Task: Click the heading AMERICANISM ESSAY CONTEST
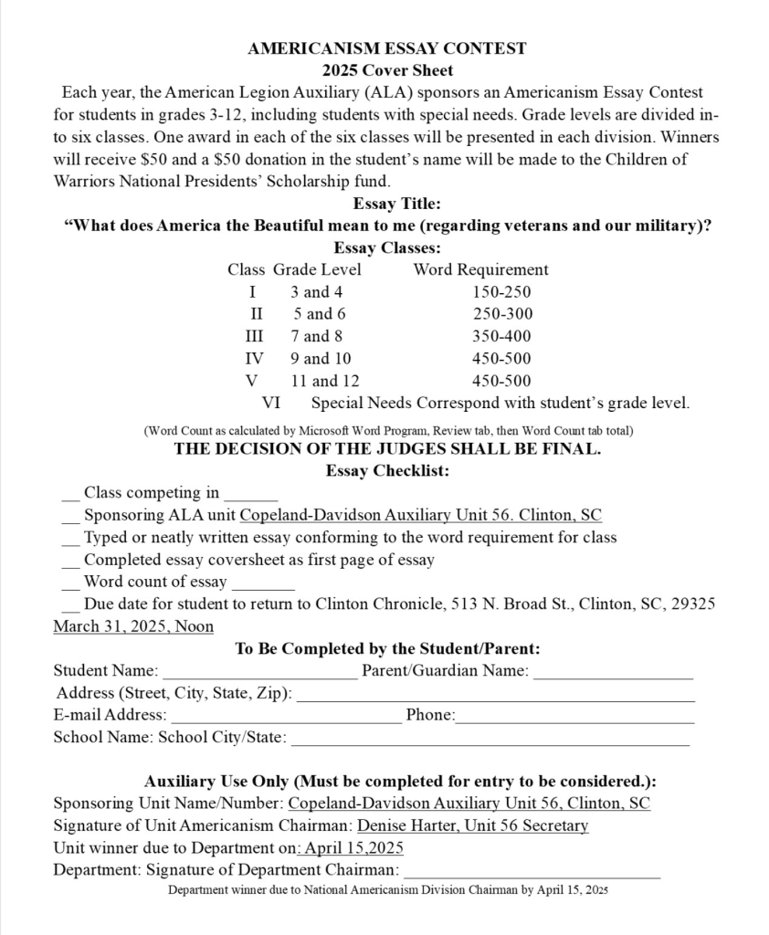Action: pos(386,48)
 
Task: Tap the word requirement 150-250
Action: pos(501,292)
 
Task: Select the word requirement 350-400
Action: pos(501,336)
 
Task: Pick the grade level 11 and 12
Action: pos(325,381)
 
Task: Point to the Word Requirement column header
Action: pos(480,269)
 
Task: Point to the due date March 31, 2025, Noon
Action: pos(133,626)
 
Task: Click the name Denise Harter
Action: pos(403,825)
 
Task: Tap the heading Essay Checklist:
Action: pos(386,471)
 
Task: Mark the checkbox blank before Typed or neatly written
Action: pos(70,539)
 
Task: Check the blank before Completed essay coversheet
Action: pos(70,561)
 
